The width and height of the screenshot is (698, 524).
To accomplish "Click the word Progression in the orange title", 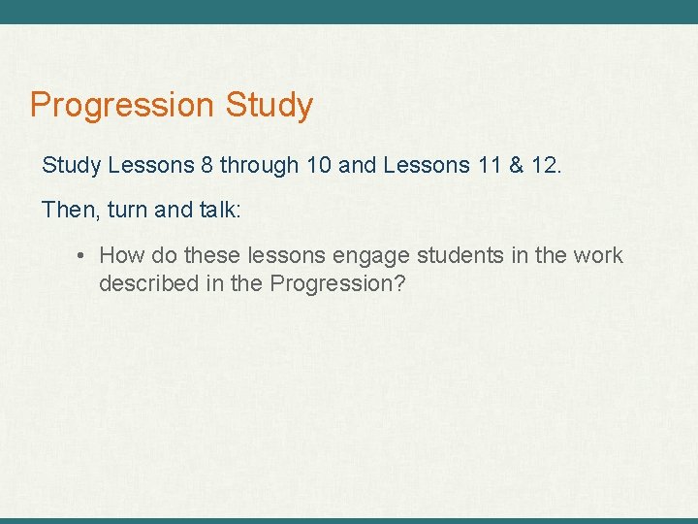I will (122, 105).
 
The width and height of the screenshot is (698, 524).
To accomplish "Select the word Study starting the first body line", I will (71, 166).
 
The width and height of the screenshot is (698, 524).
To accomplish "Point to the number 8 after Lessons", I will (207, 166).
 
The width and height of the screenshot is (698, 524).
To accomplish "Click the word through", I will (260, 166).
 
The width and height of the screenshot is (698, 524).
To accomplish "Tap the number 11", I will (490, 166).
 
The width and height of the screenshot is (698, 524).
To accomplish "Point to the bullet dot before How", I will (82, 256).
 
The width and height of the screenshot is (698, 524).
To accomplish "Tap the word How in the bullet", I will (120, 256).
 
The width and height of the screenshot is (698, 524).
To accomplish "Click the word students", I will (462, 256).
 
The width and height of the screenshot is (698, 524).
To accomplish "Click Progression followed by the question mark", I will (333, 284).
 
